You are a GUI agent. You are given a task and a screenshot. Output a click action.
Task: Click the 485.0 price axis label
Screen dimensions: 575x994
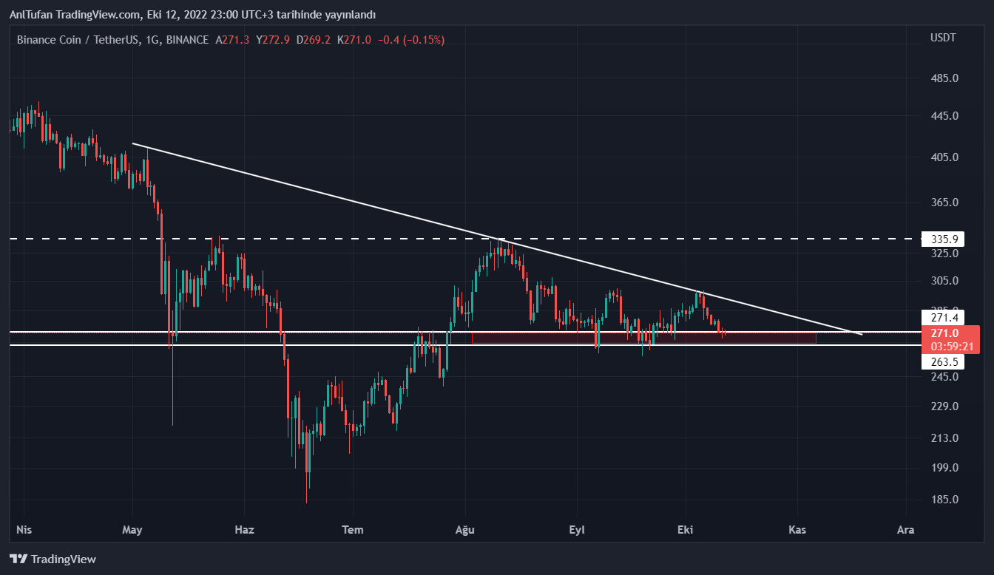point(944,78)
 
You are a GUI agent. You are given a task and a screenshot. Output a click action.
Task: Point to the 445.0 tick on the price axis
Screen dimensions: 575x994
point(944,116)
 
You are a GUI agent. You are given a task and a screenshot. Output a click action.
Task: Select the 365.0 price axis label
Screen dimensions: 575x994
point(944,203)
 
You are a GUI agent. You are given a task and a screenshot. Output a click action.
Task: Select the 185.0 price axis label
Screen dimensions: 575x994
point(944,500)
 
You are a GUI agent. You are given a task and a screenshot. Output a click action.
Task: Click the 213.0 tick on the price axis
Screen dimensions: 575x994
point(944,438)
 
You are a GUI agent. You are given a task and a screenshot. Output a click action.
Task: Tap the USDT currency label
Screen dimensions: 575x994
point(943,38)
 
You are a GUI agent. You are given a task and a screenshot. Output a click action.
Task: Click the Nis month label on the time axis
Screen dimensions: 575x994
point(24,529)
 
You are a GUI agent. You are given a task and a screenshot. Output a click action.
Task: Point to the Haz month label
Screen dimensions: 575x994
point(244,529)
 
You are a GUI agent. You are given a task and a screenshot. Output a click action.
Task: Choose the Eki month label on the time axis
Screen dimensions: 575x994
point(686,529)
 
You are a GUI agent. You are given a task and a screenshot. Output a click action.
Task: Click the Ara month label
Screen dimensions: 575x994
point(905,529)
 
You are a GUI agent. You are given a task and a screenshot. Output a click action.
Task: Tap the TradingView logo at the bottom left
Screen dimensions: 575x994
point(53,559)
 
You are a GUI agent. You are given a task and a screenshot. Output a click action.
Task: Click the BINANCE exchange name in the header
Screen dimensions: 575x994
point(187,40)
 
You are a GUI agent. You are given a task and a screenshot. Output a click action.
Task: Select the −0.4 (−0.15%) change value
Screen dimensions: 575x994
point(411,40)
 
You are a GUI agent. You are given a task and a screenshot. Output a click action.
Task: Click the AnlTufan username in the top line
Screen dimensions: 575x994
point(30,15)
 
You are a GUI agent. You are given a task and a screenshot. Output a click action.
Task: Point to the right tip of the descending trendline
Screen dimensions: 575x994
point(861,334)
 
